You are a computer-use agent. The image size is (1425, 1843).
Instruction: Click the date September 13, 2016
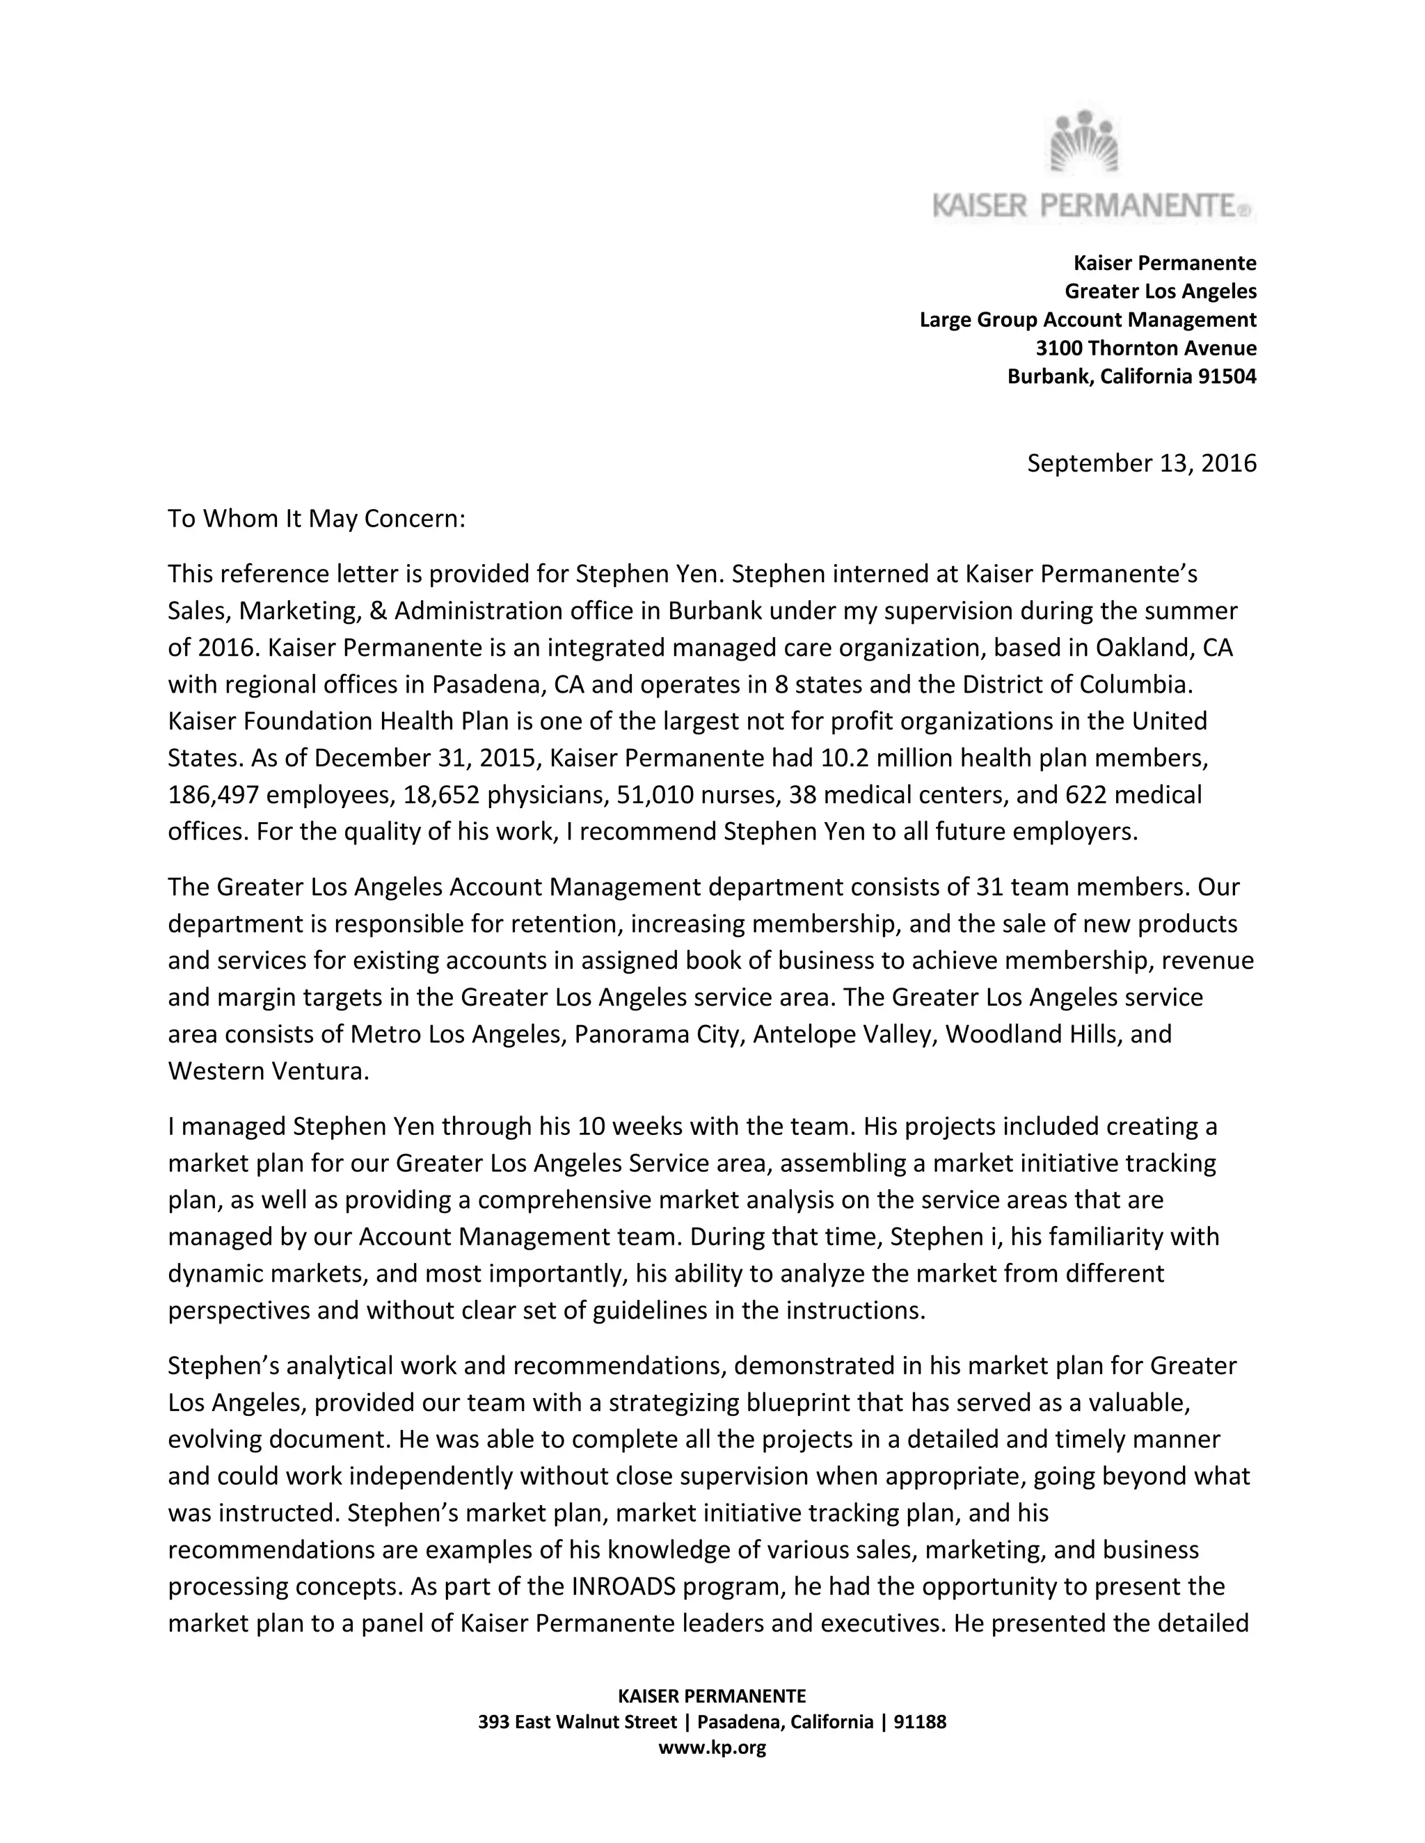coord(1140,463)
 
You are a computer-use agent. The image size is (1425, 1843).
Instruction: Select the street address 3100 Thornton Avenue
coord(1145,348)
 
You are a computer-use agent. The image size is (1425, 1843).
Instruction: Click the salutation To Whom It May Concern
coord(317,518)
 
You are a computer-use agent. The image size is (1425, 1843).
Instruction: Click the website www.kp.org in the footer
coord(712,1748)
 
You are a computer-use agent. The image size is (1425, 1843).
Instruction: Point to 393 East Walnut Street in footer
coord(577,1722)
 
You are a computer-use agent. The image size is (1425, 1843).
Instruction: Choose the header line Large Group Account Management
coord(1088,320)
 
